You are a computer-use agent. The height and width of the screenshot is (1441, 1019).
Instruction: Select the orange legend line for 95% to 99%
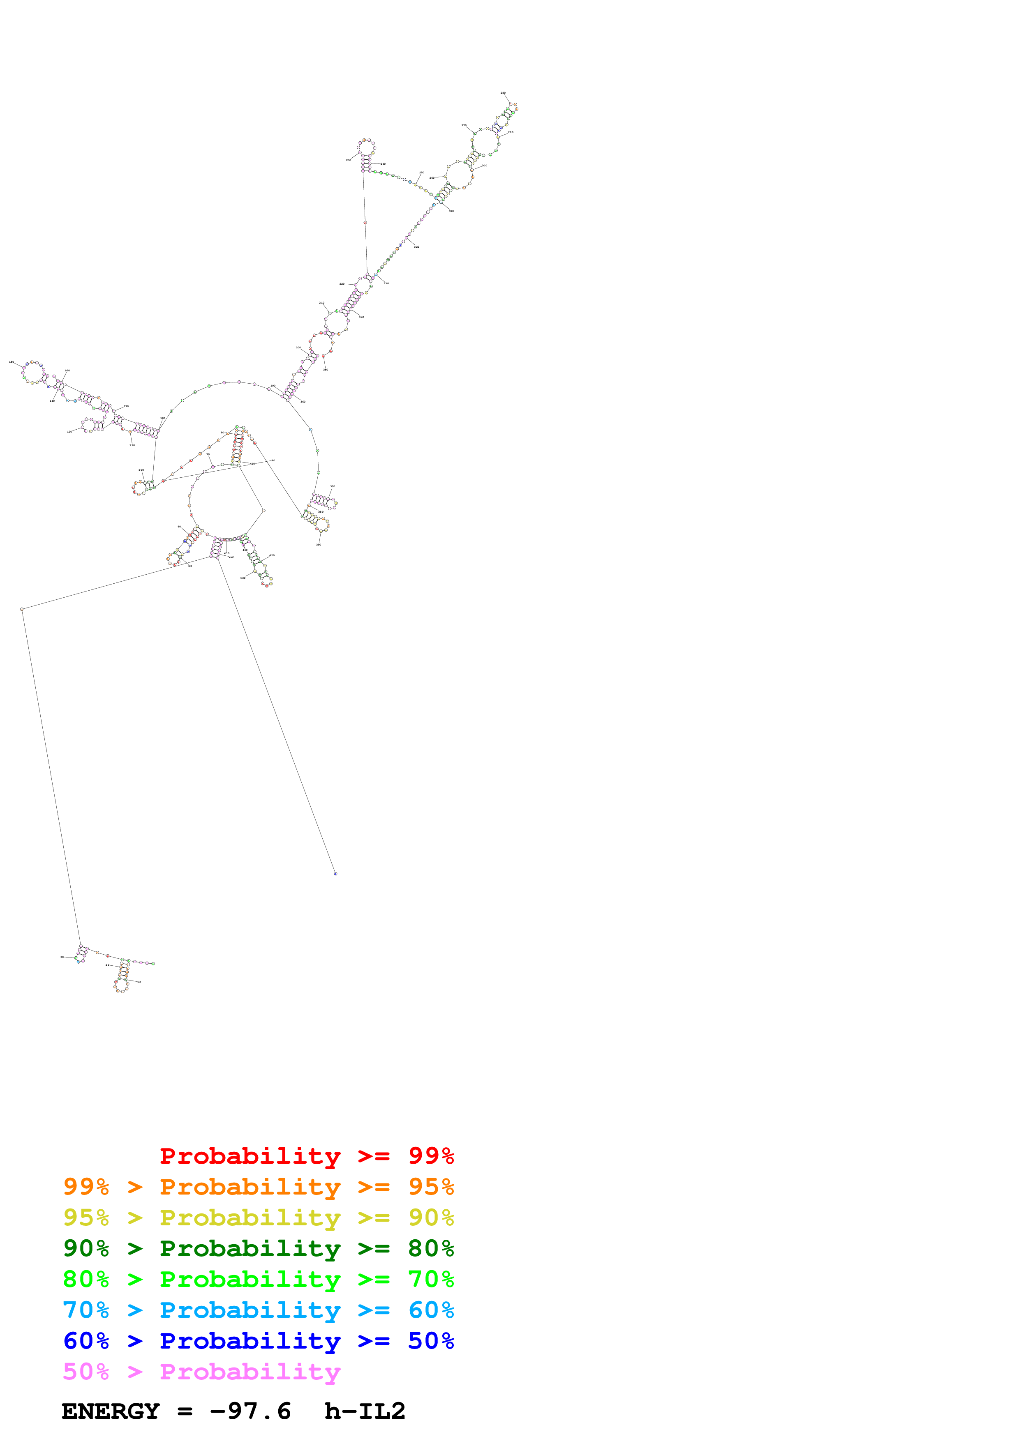(x=258, y=1187)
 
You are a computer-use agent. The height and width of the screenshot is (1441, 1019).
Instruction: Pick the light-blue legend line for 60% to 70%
(x=258, y=1310)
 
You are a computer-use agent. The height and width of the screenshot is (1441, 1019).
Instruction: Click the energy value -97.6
(x=250, y=1411)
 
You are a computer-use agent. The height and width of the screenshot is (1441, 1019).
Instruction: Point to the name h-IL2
(x=365, y=1411)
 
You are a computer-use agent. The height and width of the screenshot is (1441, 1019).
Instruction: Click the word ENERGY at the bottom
(x=111, y=1411)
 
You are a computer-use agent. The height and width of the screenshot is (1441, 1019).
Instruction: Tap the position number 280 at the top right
(x=503, y=93)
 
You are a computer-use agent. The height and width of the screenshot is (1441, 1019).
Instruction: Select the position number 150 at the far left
(x=11, y=362)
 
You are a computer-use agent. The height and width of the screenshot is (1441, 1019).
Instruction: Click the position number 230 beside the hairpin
(x=349, y=160)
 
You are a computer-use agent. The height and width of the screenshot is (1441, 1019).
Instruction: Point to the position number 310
(x=451, y=212)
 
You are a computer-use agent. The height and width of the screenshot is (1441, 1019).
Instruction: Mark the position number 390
(x=318, y=545)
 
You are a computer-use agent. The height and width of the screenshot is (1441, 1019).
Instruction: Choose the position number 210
(x=321, y=303)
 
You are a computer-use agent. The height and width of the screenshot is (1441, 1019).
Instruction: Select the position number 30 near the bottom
(x=62, y=957)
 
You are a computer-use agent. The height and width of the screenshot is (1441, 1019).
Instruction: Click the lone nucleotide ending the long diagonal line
(x=335, y=874)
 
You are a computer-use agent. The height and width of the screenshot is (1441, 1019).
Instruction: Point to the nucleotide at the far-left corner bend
(x=22, y=610)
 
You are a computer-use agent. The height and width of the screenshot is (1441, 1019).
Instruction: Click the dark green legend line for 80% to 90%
(x=258, y=1248)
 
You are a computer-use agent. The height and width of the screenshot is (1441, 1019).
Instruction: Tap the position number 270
(x=464, y=126)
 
